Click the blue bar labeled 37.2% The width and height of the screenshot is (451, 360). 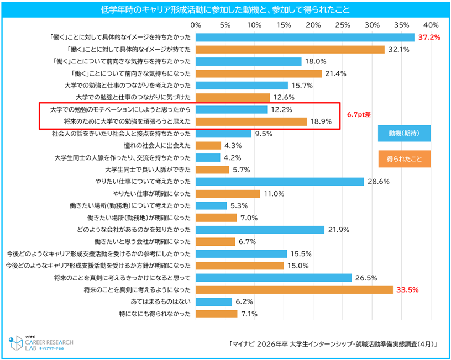click(x=305, y=38)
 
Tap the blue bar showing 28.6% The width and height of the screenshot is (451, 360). click(x=280, y=182)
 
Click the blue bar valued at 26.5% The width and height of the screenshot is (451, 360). click(x=273, y=278)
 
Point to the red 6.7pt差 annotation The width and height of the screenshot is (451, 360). click(x=359, y=115)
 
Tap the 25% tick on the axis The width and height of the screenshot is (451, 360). click(x=342, y=25)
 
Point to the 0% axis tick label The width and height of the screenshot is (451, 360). click(x=195, y=25)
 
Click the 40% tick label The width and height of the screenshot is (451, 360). click(x=431, y=25)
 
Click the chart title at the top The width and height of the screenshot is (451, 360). click(x=225, y=9)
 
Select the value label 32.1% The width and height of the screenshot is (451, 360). click(x=398, y=50)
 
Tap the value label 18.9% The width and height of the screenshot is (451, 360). click(x=320, y=121)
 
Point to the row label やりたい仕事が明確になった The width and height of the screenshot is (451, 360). click(x=152, y=194)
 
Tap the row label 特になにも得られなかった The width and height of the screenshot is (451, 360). click(x=157, y=314)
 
